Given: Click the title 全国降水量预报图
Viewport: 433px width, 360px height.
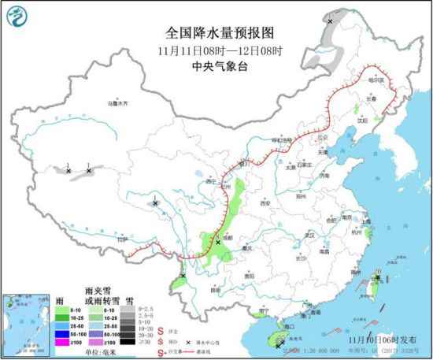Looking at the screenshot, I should click(x=220, y=32).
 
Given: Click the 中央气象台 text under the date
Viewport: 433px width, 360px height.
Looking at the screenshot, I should click(x=219, y=66).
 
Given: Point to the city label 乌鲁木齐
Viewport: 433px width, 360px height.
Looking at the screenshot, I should click(x=117, y=103).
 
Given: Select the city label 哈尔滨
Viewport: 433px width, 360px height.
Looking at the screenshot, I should click(x=379, y=80).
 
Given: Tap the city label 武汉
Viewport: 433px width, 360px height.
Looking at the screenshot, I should click(x=309, y=235).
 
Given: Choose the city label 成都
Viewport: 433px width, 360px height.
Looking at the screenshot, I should click(x=228, y=236).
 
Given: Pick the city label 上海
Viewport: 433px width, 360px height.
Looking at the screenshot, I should click(x=361, y=221).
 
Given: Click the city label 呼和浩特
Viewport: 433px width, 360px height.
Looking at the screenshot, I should click(x=280, y=140).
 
